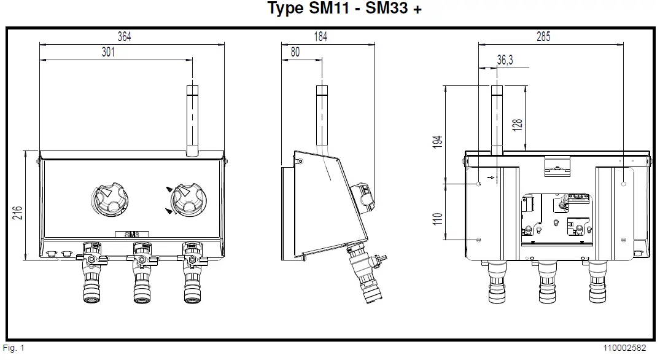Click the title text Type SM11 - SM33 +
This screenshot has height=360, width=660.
(x=345, y=9)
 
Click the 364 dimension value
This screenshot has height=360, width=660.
(x=125, y=37)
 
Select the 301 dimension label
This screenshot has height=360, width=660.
(x=108, y=53)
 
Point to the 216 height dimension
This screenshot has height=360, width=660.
(x=18, y=213)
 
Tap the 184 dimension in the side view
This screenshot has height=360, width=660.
(x=320, y=37)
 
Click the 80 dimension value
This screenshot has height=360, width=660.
(x=295, y=53)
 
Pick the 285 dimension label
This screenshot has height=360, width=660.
(x=543, y=37)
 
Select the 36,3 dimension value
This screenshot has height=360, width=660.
(x=505, y=60)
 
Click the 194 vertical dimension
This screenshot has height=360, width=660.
(x=437, y=141)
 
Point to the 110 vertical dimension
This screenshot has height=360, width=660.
(x=437, y=219)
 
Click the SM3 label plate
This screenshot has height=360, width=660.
(x=131, y=234)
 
